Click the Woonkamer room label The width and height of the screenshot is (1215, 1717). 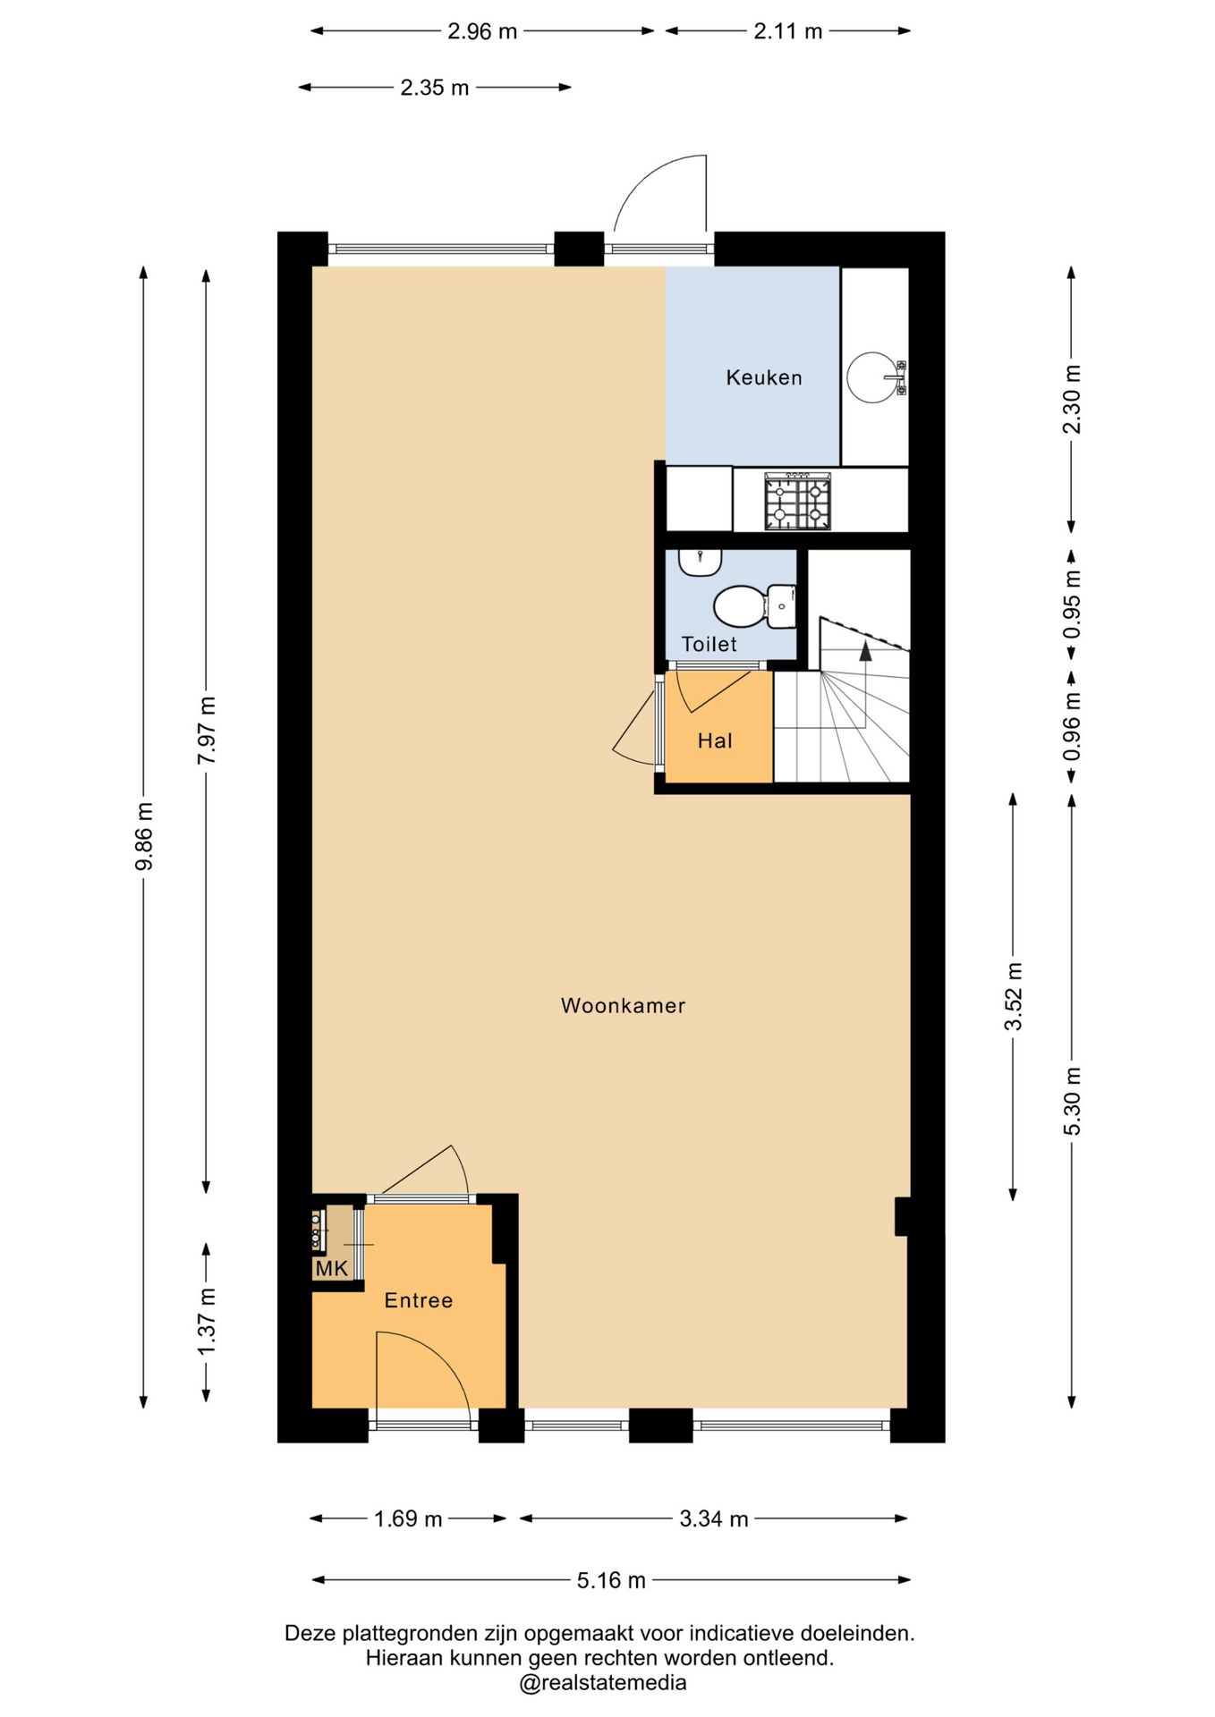[623, 1005]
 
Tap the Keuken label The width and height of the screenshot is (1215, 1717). [764, 377]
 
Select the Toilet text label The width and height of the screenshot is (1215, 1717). [709, 644]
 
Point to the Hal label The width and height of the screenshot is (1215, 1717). [715, 740]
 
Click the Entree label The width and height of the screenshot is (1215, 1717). [419, 1300]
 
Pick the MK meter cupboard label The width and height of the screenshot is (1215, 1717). [331, 1268]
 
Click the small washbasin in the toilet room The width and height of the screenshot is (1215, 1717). [700, 562]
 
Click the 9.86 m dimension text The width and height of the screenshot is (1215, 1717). [144, 836]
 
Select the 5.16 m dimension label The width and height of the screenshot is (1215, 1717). [611, 1580]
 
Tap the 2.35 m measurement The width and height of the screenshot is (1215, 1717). [435, 88]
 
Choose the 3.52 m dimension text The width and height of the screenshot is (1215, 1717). [1013, 997]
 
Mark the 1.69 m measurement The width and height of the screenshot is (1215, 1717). [408, 1518]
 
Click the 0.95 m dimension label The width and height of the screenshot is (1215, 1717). [1072, 605]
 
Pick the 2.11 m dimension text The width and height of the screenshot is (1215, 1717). [787, 31]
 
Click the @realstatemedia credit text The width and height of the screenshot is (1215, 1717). [603, 1683]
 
